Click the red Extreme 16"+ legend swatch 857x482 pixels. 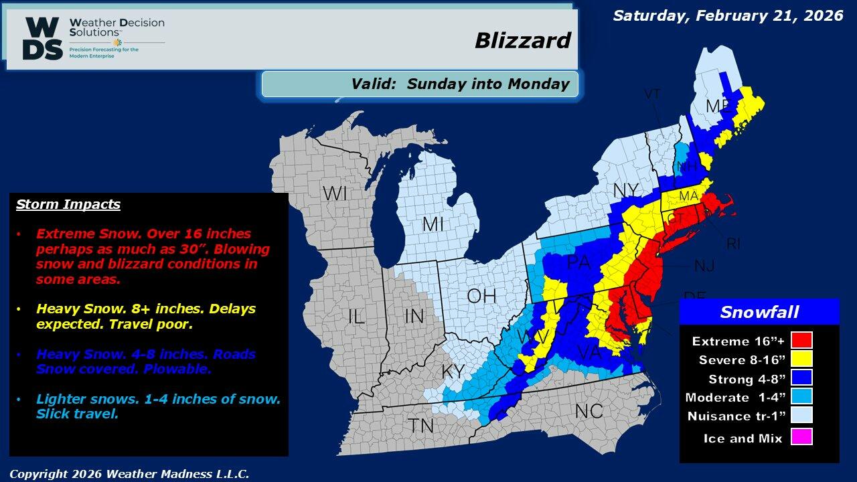[801, 340]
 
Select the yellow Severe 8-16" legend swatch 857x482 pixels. [801, 359]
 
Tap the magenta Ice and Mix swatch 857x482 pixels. [801, 438]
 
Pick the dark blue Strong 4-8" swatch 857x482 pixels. [801, 378]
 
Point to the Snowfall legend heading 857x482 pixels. [759, 312]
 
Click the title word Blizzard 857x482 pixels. [522, 41]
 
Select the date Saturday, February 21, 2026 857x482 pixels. [728, 15]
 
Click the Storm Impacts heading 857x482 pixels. [68, 204]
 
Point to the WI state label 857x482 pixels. [334, 194]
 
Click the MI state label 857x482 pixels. [433, 225]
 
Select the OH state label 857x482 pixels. [481, 295]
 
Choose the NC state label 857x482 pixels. [589, 410]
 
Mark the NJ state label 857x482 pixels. [704, 266]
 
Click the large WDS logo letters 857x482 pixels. [43, 39]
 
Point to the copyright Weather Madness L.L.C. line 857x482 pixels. [129, 473]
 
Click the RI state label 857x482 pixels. [733, 244]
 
